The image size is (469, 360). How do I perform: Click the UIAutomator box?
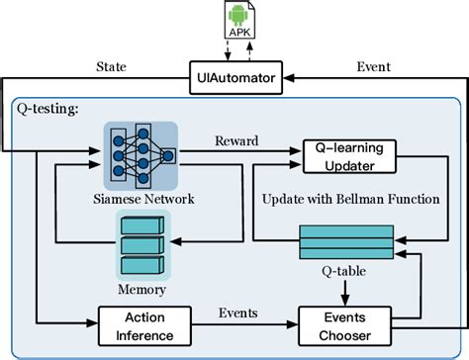point(235,73)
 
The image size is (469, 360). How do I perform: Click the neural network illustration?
point(142,152)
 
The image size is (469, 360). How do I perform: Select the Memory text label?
point(142,292)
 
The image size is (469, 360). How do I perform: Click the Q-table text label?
point(340,269)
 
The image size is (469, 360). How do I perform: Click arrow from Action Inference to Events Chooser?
point(237,324)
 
